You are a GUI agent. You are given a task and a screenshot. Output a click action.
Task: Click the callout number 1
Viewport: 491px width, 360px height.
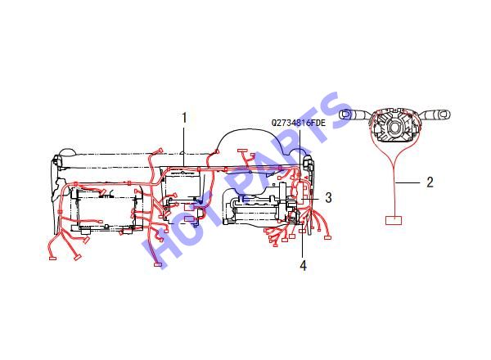pyautogui.click(x=184, y=118)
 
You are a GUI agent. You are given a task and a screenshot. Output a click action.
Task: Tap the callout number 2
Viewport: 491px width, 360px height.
pyautogui.click(x=430, y=182)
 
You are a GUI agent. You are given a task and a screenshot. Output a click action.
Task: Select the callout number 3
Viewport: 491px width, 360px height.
pyautogui.click(x=328, y=197)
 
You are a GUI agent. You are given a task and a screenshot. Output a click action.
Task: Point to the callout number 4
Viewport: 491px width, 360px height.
pyautogui.click(x=303, y=265)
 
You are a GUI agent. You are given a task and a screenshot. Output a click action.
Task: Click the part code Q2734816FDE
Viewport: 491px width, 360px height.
pyautogui.click(x=299, y=123)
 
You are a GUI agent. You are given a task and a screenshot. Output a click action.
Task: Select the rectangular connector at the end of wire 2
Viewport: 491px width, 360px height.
pyautogui.click(x=394, y=220)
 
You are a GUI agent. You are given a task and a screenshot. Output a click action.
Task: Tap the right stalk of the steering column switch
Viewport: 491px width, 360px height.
pyautogui.click(x=435, y=114)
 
